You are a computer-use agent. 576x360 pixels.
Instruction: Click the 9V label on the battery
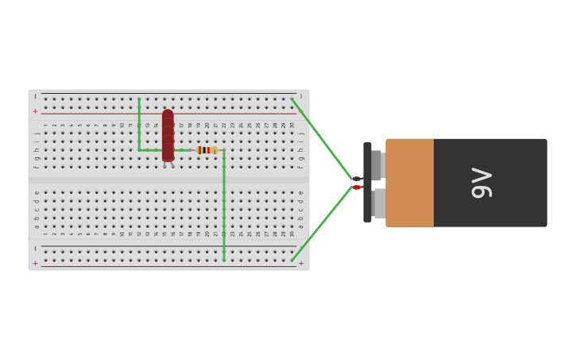(x=482, y=182)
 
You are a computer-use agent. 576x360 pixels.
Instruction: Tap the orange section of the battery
(x=410, y=183)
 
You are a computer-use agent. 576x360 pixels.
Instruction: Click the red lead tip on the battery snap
(x=358, y=188)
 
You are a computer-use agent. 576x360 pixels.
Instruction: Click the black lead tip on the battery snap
(x=358, y=179)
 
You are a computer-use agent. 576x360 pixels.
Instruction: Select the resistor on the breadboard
(x=207, y=150)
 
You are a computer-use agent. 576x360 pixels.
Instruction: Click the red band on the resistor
(x=209, y=150)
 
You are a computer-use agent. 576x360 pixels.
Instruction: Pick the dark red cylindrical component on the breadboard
(x=168, y=135)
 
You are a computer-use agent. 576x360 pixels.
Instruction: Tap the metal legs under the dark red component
(x=168, y=165)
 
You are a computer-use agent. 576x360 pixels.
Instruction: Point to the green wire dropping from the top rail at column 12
(x=139, y=124)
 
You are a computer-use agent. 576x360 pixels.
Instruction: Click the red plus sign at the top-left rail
(x=35, y=112)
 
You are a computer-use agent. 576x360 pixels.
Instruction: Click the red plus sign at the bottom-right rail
(x=301, y=263)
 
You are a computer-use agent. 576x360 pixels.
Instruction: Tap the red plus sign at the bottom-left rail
(x=35, y=263)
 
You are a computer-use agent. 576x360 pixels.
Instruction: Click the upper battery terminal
(x=377, y=165)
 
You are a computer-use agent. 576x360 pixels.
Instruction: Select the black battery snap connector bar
(x=367, y=182)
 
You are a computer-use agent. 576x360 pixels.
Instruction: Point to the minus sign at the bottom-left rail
(x=35, y=248)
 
